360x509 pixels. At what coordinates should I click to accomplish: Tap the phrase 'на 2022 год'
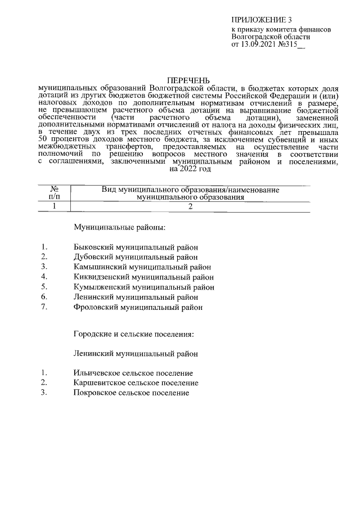coord(190,168)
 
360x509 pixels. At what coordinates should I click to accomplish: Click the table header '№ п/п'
coord(55,193)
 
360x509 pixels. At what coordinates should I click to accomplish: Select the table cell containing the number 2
coord(190,206)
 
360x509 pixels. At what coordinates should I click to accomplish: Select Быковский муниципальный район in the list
coord(136,246)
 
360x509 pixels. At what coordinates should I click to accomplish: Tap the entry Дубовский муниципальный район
coord(136,256)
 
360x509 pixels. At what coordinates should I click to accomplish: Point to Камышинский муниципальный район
coord(142,267)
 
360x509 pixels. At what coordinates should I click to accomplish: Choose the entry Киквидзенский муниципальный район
coord(143,277)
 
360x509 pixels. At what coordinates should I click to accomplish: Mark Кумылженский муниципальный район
coord(143,287)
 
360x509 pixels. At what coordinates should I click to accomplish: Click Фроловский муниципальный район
coord(138,307)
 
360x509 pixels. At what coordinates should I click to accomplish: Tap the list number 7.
coord(43,307)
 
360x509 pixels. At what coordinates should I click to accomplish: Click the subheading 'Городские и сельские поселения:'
coord(134,334)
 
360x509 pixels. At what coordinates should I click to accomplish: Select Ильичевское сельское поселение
coord(133,373)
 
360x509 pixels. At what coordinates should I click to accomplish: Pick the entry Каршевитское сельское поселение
coord(136,383)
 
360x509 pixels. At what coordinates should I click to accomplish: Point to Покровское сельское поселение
coord(131,393)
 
